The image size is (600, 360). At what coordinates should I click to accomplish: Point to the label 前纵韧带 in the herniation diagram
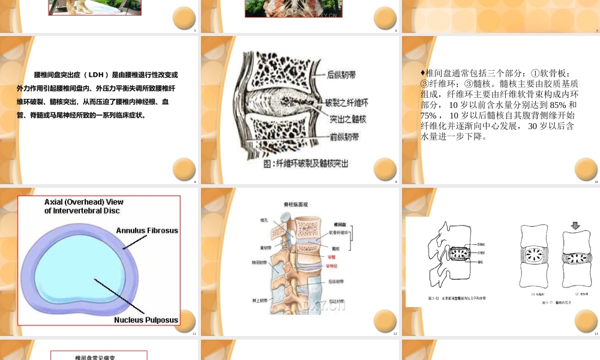pos(345,137)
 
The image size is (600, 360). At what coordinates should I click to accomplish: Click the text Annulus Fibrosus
pos(147,230)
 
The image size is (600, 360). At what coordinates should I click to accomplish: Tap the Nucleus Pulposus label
pos(146,320)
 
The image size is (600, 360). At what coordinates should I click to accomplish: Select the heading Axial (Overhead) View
pos(84,202)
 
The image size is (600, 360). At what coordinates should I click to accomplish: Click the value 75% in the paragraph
pos(430,115)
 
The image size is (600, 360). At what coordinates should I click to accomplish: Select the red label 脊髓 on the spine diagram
pos(331,257)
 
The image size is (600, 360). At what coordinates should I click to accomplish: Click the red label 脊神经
pos(333,264)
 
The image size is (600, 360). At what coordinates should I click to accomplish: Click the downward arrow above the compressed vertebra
pos(575,226)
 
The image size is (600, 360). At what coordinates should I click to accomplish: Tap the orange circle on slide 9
pos(385,169)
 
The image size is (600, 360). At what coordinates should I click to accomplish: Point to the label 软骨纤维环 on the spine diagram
pos(338,232)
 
